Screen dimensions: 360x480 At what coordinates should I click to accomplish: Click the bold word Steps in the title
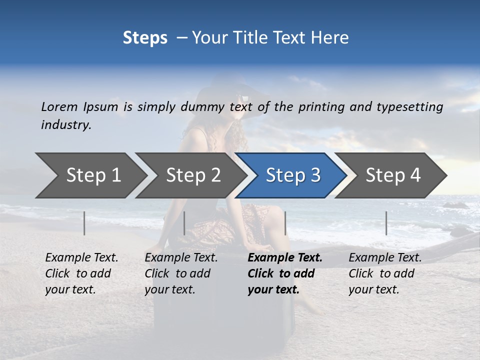point(145,37)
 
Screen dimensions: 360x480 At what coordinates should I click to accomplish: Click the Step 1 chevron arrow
point(90,175)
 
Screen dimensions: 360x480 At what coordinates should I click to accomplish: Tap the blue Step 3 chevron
point(292,175)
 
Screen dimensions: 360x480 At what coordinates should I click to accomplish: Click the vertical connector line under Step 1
point(84,223)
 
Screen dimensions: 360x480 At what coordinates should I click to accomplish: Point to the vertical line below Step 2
point(184,223)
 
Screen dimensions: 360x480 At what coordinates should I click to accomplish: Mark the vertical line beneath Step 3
point(285,223)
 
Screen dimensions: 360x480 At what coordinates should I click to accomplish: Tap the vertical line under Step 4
point(386,223)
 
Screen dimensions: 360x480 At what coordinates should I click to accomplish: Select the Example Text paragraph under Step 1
point(81,273)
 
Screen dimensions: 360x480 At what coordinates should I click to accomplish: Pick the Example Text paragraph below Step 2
point(181,273)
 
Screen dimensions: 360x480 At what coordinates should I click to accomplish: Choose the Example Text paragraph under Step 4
point(385,273)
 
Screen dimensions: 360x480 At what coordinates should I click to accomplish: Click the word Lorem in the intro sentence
point(59,106)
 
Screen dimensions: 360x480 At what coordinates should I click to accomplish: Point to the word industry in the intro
point(66,124)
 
